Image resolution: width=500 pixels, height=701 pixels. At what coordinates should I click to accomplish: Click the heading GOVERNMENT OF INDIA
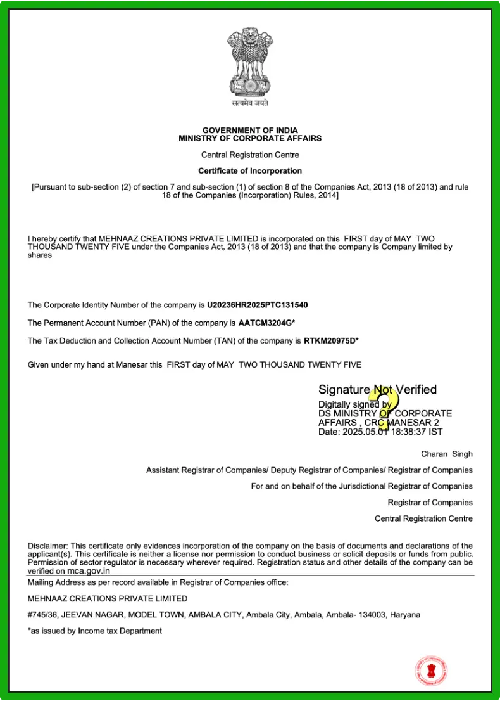250,131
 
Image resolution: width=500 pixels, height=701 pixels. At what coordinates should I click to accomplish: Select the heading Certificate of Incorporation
250,171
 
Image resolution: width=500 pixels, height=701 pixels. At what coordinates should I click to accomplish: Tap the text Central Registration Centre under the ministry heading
250,155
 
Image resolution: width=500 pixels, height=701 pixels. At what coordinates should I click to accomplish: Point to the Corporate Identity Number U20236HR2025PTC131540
258,305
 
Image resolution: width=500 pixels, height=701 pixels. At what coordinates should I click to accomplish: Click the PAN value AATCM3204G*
267,323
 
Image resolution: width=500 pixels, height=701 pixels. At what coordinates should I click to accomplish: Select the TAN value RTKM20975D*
331,341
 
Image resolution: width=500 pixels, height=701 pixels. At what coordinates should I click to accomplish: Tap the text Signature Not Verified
377,390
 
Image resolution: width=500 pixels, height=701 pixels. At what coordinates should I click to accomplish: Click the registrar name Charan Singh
446,454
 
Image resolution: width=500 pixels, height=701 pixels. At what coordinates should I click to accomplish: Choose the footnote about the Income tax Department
95,631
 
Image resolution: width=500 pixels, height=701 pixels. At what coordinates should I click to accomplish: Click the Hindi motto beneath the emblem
249,103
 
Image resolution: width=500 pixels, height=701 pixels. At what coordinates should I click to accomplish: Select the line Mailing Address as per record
158,582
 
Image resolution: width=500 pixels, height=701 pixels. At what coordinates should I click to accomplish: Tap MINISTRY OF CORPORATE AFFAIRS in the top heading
250,138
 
